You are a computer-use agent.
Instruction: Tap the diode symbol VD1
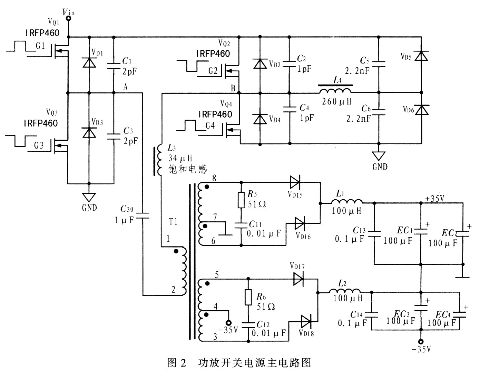click(x=89, y=62)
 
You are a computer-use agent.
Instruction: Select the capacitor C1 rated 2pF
click(x=114, y=66)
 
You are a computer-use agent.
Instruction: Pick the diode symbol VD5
click(x=421, y=56)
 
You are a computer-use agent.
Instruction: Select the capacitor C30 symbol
click(x=142, y=216)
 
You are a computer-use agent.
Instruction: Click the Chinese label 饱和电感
click(x=187, y=169)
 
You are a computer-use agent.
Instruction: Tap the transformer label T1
click(x=173, y=221)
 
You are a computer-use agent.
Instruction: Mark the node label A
click(x=126, y=87)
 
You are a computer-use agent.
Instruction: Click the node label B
click(x=233, y=88)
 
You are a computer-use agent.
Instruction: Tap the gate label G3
click(x=39, y=146)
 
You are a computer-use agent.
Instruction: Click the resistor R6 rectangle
click(x=248, y=297)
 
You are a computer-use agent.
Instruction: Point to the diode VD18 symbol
click(x=306, y=322)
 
